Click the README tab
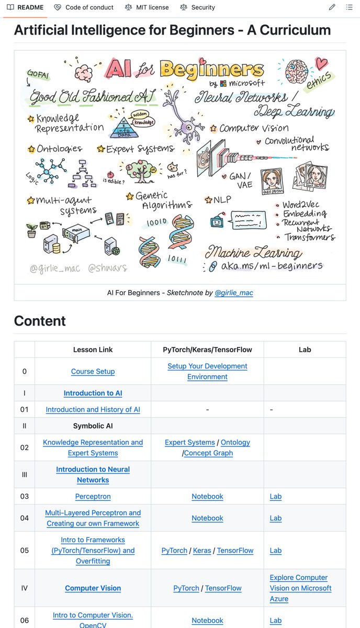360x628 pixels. point(25,7)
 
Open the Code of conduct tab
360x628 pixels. point(84,7)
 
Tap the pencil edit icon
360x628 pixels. point(332,7)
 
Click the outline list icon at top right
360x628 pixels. point(349,7)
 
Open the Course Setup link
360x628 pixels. point(93,372)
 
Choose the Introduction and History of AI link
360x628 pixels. point(93,410)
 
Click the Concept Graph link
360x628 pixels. point(208,453)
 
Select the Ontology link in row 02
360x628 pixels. point(235,442)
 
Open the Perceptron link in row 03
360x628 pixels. point(93,496)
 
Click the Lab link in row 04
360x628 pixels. point(276,518)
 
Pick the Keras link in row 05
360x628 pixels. point(202,551)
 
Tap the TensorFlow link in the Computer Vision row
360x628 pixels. point(223,588)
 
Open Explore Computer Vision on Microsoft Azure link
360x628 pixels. point(300,588)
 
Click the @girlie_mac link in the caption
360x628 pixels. point(234,293)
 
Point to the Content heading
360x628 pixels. point(40,321)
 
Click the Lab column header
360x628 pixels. point(305,350)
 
